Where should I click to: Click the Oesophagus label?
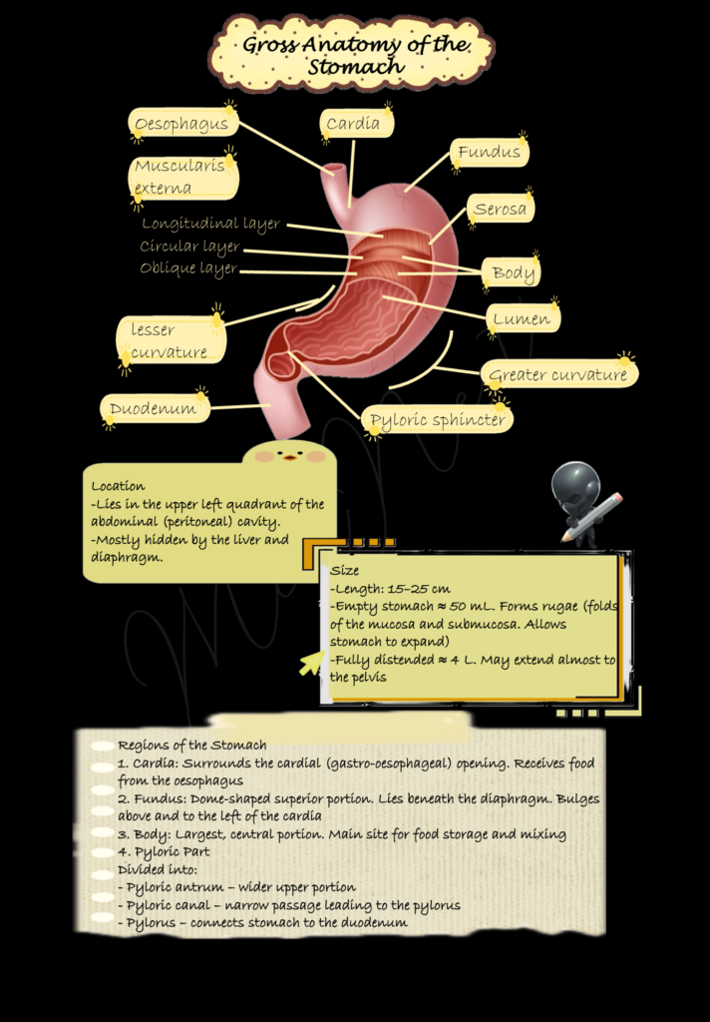coord(183,123)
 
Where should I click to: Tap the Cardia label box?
coord(356,123)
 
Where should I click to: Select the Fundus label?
coord(490,152)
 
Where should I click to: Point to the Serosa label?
coord(501,209)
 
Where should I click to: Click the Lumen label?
coord(523,318)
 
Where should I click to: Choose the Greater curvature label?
coord(558,375)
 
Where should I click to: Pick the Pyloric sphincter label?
coord(438,419)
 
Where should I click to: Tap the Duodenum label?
coord(155,408)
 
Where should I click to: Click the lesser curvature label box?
coord(171,340)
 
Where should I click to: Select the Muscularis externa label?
coord(183,177)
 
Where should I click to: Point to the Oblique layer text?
coord(188,268)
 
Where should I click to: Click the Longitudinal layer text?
coord(211,224)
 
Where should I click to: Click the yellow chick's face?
coord(290,454)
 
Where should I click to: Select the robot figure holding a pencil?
coord(583,504)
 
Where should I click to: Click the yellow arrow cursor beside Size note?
coord(312,663)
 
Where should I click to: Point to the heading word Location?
coord(118,486)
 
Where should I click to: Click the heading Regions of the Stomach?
coord(192,745)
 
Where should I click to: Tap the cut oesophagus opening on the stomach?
coord(336,171)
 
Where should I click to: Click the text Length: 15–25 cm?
coord(392,589)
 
